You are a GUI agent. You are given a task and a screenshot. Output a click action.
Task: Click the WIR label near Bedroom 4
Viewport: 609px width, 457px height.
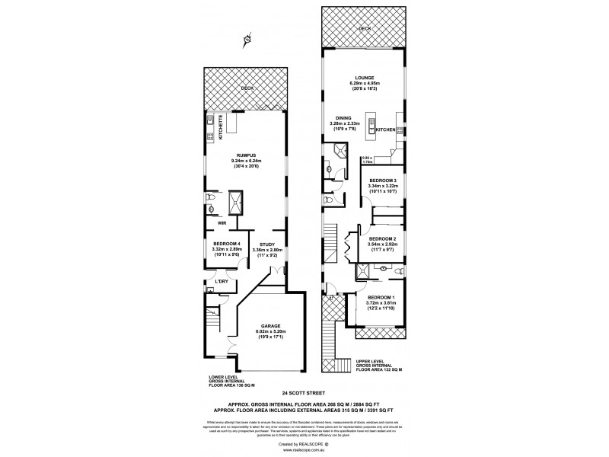tap(222, 223)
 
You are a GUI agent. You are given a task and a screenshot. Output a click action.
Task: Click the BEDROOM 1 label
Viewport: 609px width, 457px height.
tap(381, 296)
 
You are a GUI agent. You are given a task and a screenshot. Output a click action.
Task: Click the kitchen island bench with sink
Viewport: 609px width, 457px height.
tap(372, 125)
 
